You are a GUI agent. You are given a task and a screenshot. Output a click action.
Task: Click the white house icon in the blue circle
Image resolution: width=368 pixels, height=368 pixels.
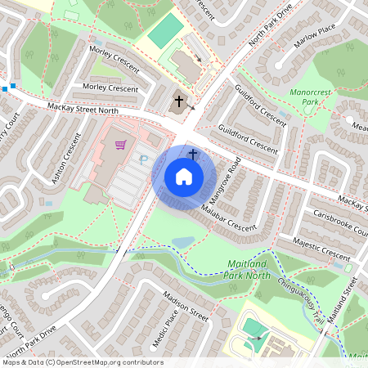click(184, 177)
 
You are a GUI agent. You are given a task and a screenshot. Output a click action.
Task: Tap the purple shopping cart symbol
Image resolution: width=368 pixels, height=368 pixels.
click(121, 145)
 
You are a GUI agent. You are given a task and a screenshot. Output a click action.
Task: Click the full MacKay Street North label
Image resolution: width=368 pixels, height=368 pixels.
click(82, 106)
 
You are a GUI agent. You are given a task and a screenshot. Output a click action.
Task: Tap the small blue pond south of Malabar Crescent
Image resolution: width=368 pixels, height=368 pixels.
click(183, 242)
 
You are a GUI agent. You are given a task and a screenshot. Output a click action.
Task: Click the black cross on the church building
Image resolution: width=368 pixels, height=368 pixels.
click(179, 101)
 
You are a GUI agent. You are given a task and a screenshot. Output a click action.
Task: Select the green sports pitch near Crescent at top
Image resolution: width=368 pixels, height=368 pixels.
click(166, 32)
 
